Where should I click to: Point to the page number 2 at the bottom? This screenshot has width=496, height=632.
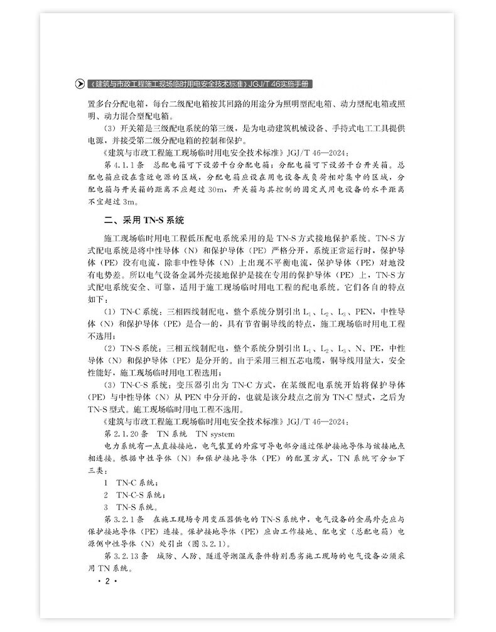point(107,582)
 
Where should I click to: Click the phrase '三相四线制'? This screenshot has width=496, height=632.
point(182,312)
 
